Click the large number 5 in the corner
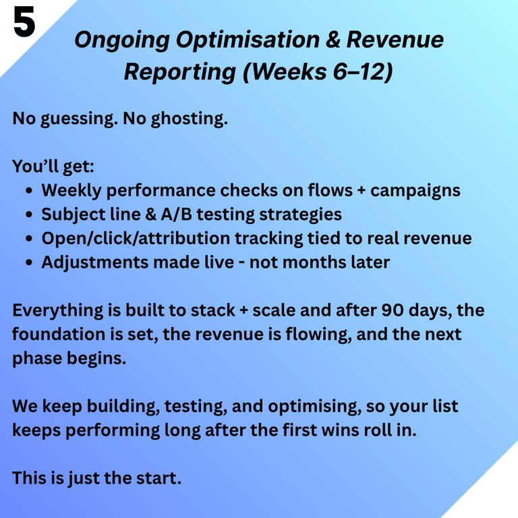[x=24, y=22]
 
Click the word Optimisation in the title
[x=248, y=40]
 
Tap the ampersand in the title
[x=333, y=39]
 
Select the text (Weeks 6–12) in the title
[x=318, y=71]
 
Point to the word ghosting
[x=190, y=119]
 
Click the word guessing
[x=79, y=119]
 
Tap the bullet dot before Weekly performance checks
[x=29, y=191]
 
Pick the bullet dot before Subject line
[x=29, y=214]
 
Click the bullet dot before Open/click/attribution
[x=29, y=239]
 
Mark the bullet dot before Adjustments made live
[x=29, y=262]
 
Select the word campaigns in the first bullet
[x=415, y=192]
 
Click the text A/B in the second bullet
[x=177, y=214]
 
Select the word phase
[x=37, y=359]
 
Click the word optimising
[x=314, y=407]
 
